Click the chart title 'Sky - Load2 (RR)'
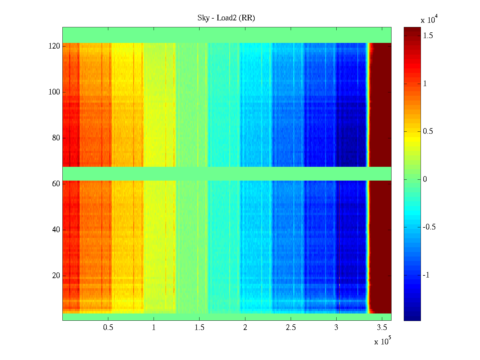[x=226, y=18]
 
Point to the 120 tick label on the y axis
[x=54, y=46]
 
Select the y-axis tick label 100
[x=54, y=92]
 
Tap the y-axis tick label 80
[x=56, y=138]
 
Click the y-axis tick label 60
[x=56, y=184]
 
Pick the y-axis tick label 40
[x=56, y=229]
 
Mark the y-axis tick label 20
[x=56, y=275]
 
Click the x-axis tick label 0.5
[x=108, y=328]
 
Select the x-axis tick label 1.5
[x=199, y=328]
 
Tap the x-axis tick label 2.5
[x=291, y=328]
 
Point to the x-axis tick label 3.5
[x=382, y=328]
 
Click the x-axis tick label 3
[x=336, y=328]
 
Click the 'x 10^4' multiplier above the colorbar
[x=429, y=19]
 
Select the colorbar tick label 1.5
[x=428, y=36]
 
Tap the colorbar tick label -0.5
[x=429, y=227]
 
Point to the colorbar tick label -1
[x=426, y=275]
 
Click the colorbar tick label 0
[x=425, y=179]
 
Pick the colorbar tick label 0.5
[x=428, y=131]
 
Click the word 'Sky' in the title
[x=203, y=18]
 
